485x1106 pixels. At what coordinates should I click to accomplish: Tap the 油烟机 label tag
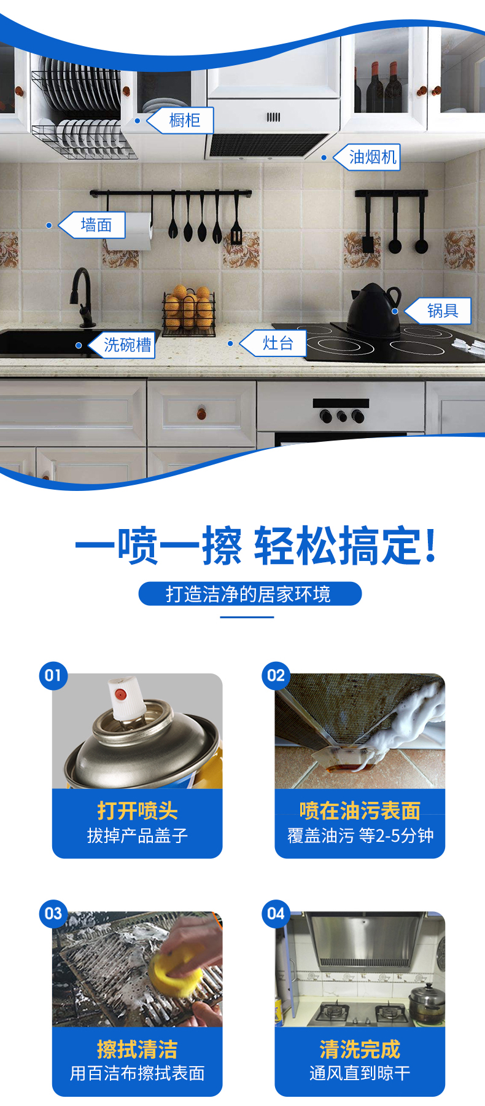coord(367,157)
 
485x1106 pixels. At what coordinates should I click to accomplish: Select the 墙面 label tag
coord(92,225)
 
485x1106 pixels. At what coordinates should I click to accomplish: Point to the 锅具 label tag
coord(438,311)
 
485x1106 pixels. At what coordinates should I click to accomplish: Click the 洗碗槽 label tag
coord(122,345)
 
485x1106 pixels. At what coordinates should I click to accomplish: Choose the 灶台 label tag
coord(273,343)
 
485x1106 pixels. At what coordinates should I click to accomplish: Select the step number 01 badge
coord(53,675)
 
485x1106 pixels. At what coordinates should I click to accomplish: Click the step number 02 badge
coord(276,675)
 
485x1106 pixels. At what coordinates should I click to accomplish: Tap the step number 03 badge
coord(53,914)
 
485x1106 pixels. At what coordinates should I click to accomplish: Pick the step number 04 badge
coord(276,914)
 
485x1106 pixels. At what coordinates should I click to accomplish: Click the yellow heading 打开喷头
coord(138,810)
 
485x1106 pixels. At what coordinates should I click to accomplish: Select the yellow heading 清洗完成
coord(360,1049)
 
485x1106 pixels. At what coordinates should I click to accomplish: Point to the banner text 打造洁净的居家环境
coord(248,594)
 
